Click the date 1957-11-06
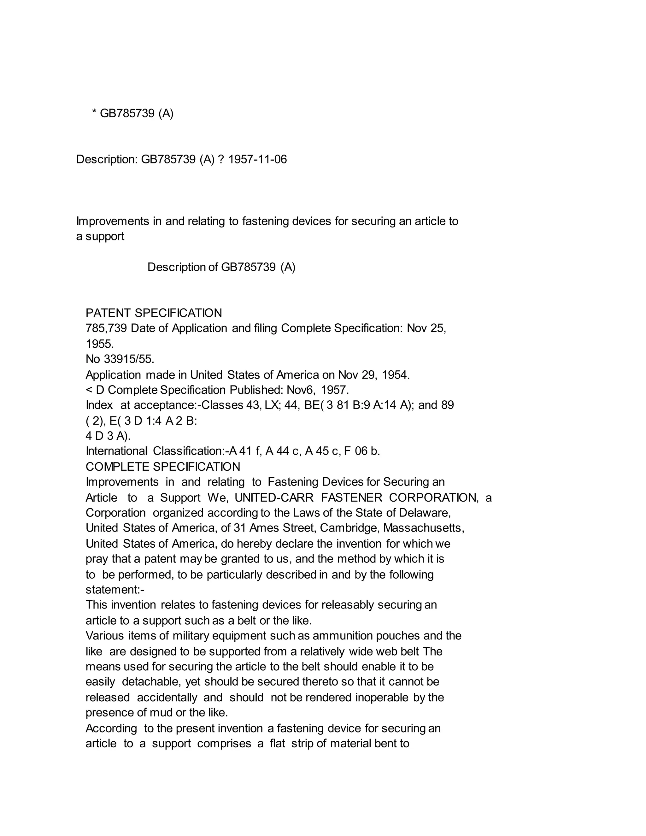pos(257,159)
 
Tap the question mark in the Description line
pos(220,159)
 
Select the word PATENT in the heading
pos(108,313)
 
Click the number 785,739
pos(106,328)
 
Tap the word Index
pos(99,405)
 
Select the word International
pos(116,451)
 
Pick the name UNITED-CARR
pos(274,497)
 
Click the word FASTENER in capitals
pos(351,497)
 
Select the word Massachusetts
pos(424,528)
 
